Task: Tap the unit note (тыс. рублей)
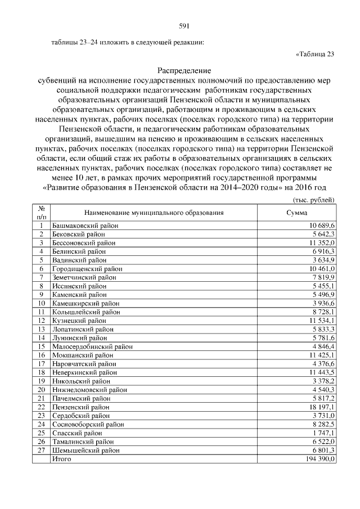pos(314,200)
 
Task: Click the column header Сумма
pos(296,213)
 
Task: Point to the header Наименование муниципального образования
pos(154,213)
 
